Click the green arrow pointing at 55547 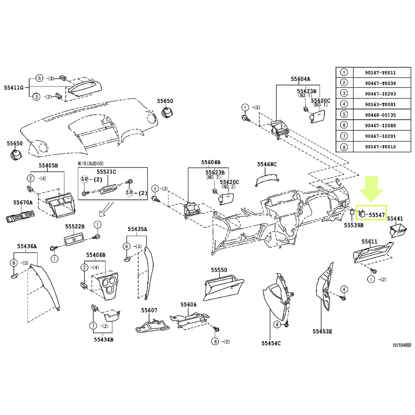371,189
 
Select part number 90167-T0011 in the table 380,73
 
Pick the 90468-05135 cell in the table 380,115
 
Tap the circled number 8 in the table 344,147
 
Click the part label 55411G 14,88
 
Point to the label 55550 219,270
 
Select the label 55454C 271,343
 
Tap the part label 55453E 322,332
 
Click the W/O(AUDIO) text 91,164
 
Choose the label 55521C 107,172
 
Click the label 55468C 267,165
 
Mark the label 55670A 23,203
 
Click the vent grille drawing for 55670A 20,216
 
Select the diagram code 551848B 402,345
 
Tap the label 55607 149,310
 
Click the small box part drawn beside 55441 399,231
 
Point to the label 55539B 353,225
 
